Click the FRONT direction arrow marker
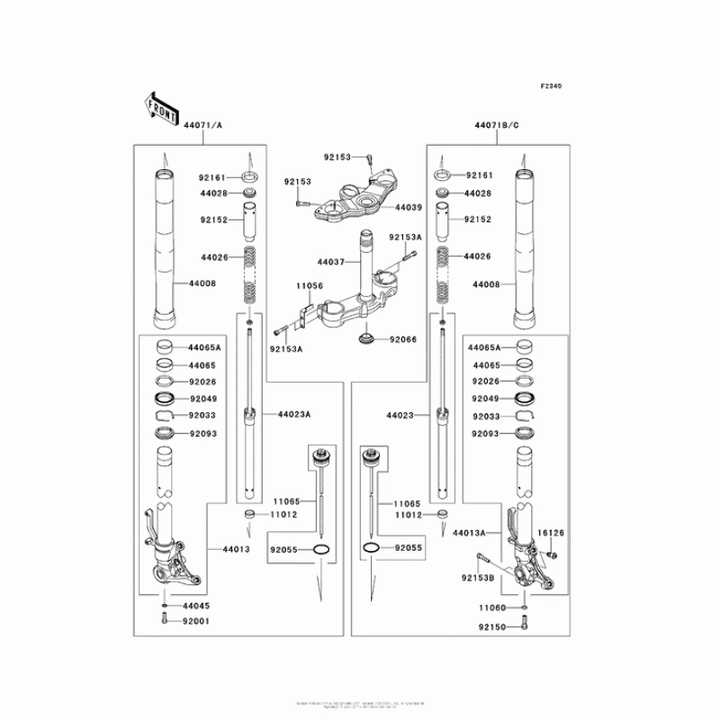(x=159, y=107)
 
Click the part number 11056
(x=309, y=285)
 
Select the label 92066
(x=404, y=339)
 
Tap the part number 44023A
(x=293, y=414)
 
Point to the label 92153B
(x=479, y=577)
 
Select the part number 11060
(x=493, y=608)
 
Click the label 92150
(x=493, y=626)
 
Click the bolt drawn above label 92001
(x=164, y=619)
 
